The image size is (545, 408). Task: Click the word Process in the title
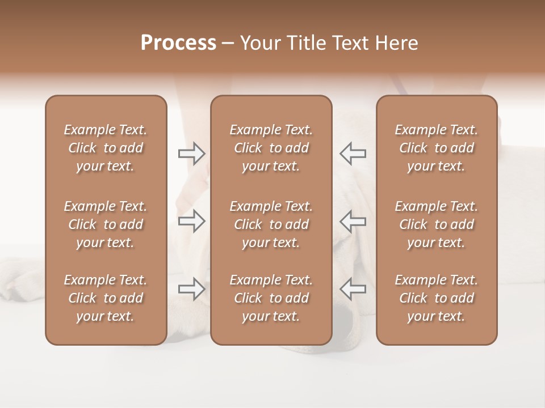(x=178, y=43)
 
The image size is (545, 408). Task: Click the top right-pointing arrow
(x=191, y=154)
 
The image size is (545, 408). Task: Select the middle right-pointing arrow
(x=191, y=221)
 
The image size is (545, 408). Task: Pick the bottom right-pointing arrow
(x=191, y=289)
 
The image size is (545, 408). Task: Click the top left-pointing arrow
(x=353, y=153)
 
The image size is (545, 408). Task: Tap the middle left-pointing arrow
(x=353, y=221)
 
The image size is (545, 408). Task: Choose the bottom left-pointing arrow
(x=353, y=289)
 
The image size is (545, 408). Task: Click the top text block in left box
(x=106, y=148)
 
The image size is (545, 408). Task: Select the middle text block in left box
(x=106, y=224)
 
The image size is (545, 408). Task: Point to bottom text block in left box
(x=106, y=298)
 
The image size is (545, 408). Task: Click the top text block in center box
(x=271, y=148)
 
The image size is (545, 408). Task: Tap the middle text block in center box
(x=271, y=224)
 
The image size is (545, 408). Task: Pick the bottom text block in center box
(x=271, y=298)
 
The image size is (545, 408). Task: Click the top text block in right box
(x=436, y=148)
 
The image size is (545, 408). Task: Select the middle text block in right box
(x=436, y=224)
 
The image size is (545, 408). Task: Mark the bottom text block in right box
(x=436, y=298)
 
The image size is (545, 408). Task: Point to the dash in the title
(x=228, y=44)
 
